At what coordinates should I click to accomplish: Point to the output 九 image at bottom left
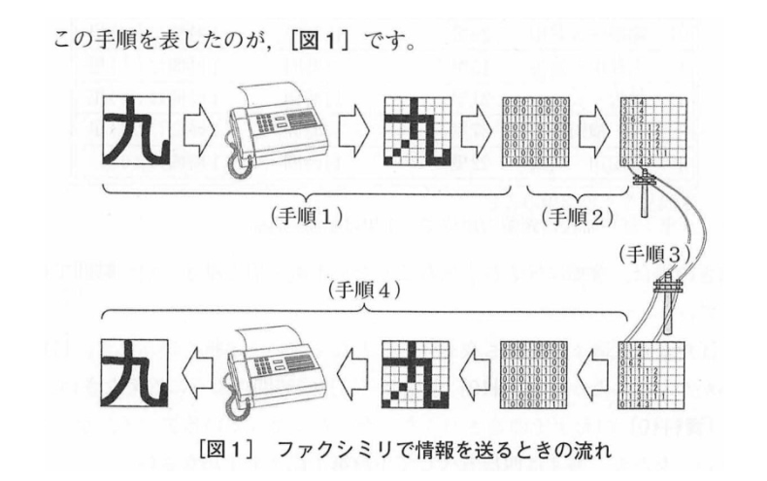tap(135, 373)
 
